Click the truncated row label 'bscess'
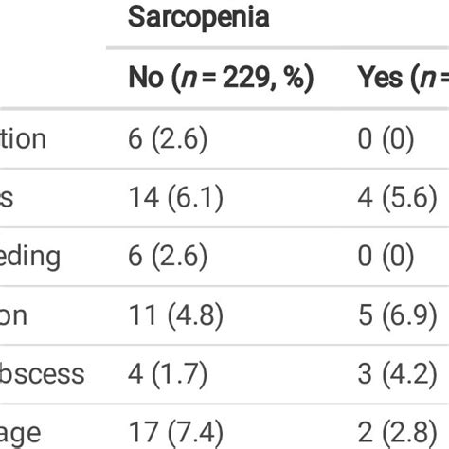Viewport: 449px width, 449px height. coord(42,373)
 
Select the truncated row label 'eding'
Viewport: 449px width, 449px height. coord(31,257)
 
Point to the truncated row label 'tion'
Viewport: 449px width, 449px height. coord(23,139)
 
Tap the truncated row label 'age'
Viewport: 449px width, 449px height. coord(20,433)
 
